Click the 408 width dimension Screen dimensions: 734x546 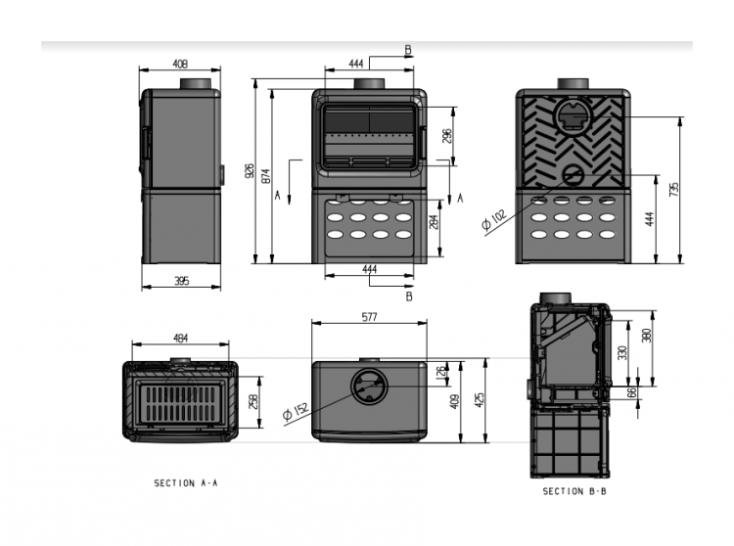180,64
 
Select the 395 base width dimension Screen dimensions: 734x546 182,281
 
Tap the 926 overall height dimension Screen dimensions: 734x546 250,171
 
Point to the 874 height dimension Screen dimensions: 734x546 265,175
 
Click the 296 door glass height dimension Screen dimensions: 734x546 447,136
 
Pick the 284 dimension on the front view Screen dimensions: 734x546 434,221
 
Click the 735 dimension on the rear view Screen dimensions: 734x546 674,189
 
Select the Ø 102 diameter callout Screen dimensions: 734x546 494,220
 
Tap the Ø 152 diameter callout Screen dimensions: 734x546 296,411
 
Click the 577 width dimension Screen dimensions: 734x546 369,317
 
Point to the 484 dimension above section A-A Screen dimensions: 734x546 181,338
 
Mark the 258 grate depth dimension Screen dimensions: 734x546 253,401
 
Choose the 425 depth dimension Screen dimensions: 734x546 480,400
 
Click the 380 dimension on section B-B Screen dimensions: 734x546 647,336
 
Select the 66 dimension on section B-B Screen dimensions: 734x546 632,392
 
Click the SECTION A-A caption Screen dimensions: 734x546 186,482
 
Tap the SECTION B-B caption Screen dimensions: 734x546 574,491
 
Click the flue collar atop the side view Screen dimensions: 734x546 196,83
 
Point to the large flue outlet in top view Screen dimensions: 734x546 369,386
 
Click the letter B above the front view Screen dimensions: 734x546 408,50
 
